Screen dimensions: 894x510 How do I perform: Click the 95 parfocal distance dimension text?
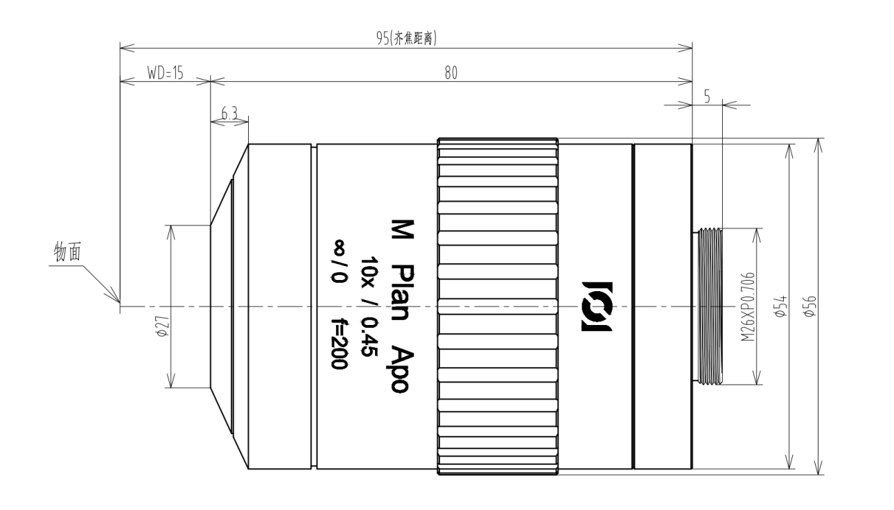407,39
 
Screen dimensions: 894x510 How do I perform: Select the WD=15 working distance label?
165,73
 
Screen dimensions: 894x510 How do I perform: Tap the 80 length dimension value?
451,73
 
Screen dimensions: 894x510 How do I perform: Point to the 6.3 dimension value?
229,114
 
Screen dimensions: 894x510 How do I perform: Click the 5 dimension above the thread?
707,96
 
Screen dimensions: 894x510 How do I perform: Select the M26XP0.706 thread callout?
748,306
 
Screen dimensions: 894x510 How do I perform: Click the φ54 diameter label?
780,306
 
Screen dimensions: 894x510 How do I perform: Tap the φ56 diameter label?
810,306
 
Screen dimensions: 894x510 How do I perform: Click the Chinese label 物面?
67,252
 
